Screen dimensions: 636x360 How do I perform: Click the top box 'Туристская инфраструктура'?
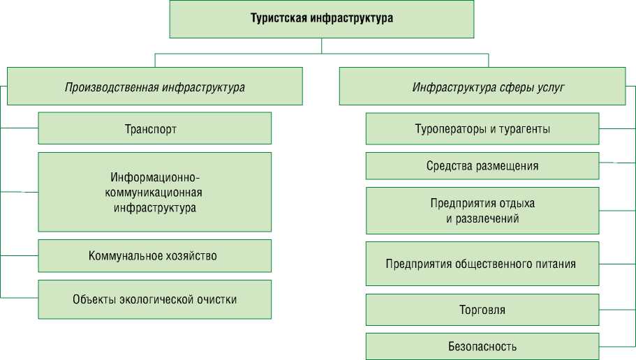pyautogui.click(x=322, y=19)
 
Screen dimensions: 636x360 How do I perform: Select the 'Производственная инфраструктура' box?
pyautogui.click(x=154, y=87)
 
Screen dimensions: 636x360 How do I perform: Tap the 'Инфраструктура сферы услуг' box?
pyautogui.click(x=482, y=87)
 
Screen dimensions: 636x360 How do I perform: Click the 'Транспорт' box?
pyautogui.click(x=154, y=129)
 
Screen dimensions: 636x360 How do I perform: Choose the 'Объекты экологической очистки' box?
pyautogui.click(x=154, y=299)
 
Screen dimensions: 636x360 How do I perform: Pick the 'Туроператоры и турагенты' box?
pyautogui.click(x=482, y=129)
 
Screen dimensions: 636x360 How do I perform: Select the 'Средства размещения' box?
pyautogui.click(x=482, y=166)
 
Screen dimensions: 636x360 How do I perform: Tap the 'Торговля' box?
pyautogui.click(x=482, y=309)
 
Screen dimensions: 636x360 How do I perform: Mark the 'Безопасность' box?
pyautogui.click(x=482, y=346)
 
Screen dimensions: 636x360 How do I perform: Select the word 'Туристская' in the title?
pyautogui.click(x=275, y=19)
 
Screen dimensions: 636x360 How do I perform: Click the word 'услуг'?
pyautogui.click(x=552, y=87)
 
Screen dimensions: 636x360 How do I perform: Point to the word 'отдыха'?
pyautogui.click(x=518, y=204)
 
